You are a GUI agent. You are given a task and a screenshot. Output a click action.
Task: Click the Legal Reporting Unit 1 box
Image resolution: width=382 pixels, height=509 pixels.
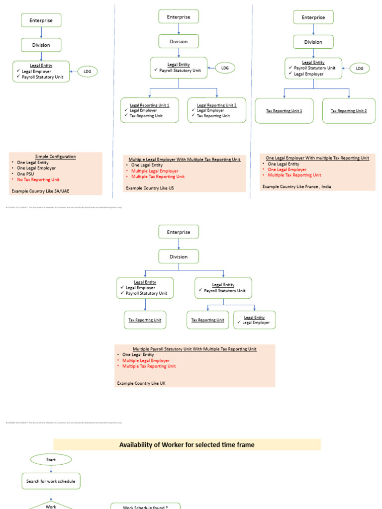click(149, 110)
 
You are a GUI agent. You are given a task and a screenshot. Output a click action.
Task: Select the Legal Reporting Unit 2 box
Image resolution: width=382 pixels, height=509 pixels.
click(216, 110)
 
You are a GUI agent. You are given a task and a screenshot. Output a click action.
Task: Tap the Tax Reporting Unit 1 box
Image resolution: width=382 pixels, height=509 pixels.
click(284, 111)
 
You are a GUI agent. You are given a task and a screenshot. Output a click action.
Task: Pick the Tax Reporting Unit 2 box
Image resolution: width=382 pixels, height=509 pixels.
click(349, 111)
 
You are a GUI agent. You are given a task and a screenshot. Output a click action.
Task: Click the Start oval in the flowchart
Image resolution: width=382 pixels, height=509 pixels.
click(51, 460)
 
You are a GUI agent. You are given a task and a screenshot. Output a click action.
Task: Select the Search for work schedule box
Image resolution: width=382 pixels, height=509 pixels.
click(51, 481)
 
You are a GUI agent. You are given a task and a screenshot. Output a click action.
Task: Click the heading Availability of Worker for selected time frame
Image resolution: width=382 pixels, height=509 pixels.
click(187, 445)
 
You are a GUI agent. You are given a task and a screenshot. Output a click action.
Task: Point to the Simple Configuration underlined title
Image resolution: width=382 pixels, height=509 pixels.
click(55, 157)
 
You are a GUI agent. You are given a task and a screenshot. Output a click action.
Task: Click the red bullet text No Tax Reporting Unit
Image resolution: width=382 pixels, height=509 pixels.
click(38, 179)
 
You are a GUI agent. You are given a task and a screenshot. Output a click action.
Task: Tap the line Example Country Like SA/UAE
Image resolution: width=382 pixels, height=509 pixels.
click(40, 190)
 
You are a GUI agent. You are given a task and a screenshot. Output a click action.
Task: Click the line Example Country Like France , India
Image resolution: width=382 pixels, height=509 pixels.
click(296, 186)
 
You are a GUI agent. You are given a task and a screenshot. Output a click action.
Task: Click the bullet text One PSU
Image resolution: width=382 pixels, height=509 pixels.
click(27, 174)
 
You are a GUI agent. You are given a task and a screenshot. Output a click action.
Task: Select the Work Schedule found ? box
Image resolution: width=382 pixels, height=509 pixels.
click(145, 506)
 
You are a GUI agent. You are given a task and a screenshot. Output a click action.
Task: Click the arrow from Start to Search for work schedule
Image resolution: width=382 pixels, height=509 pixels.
click(51, 469)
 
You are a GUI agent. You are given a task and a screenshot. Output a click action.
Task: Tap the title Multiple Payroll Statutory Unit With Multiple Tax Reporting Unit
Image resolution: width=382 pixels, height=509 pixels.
click(194, 349)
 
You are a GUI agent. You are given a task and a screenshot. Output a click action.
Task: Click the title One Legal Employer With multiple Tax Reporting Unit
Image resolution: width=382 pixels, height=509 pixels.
click(317, 158)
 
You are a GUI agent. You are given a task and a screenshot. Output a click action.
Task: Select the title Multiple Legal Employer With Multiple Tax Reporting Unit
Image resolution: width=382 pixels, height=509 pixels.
click(185, 160)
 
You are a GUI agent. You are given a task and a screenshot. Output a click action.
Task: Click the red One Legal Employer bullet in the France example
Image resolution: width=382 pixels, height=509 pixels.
click(287, 170)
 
